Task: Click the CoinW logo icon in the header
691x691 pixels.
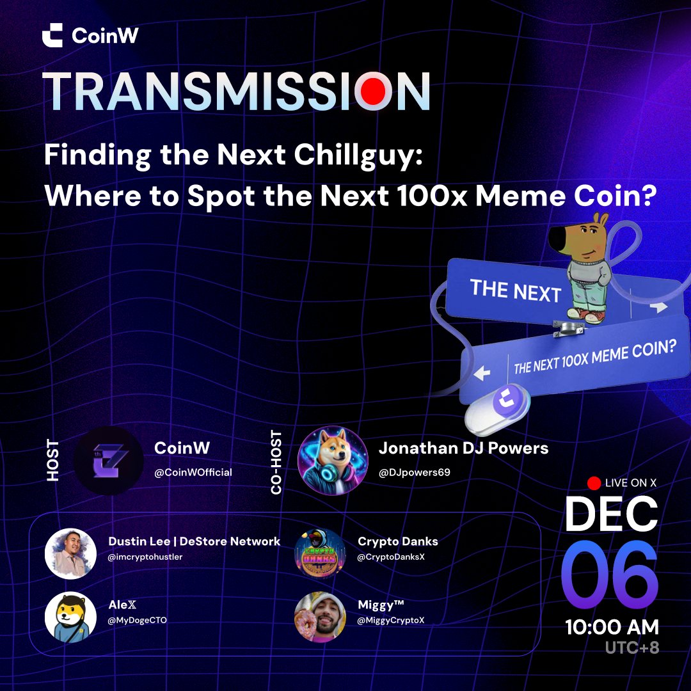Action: (52, 35)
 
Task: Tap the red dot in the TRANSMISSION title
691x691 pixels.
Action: (373, 91)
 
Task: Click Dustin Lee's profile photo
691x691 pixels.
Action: (70, 553)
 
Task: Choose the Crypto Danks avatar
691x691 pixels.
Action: (320, 553)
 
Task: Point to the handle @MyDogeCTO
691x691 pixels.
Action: (138, 620)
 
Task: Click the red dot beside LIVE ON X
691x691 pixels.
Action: (593, 483)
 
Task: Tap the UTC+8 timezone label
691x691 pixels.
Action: (631, 647)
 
